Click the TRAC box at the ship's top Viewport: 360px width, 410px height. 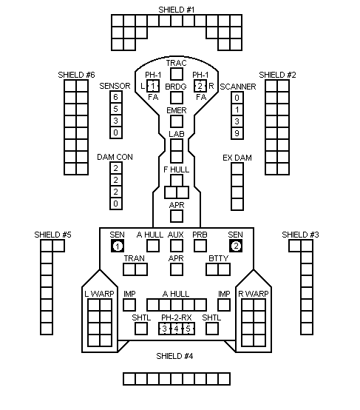[177, 74]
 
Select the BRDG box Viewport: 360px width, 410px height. [177, 98]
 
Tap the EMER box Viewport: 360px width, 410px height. [177, 121]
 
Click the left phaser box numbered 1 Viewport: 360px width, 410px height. [153, 86]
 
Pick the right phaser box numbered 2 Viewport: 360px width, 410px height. [200, 86]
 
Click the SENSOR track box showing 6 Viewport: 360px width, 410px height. [116, 97]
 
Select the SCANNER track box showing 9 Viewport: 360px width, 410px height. [237, 133]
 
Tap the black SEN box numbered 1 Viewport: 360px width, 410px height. [118, 246]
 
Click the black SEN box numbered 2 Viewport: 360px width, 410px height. [236, 246]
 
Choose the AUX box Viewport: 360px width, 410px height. [177, 246]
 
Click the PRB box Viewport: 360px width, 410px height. [200, 246]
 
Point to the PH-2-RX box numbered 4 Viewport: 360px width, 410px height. [177, 329]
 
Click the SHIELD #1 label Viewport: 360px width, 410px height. [177, 10]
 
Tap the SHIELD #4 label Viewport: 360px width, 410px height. [174, 356]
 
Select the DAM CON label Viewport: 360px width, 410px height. [115, 157]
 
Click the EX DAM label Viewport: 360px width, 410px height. [237, 158]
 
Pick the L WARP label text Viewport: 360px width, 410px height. [99, 294]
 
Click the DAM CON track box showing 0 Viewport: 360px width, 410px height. [116, 204]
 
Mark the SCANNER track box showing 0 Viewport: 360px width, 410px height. [237, 98]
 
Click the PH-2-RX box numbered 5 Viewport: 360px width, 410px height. [189, 329]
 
